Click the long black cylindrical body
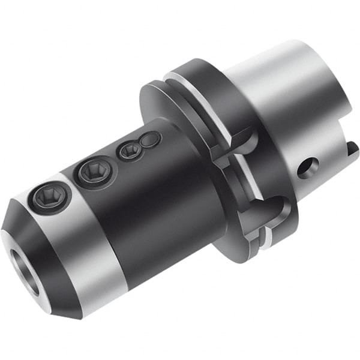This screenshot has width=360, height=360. click(x=162, y=198)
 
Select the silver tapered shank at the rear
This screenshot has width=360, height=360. click(x=288, y=102)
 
